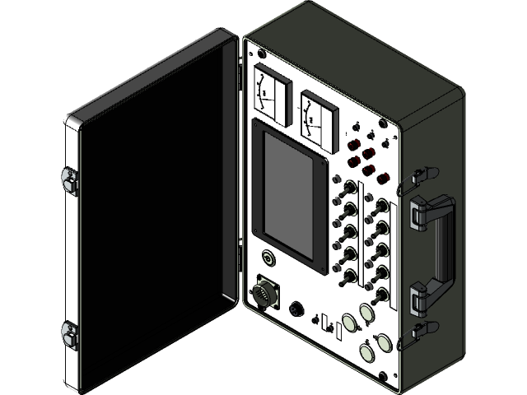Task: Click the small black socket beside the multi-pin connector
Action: point(297,309)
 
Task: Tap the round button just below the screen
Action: point(268,258)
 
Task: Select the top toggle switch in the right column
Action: point(381,207)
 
